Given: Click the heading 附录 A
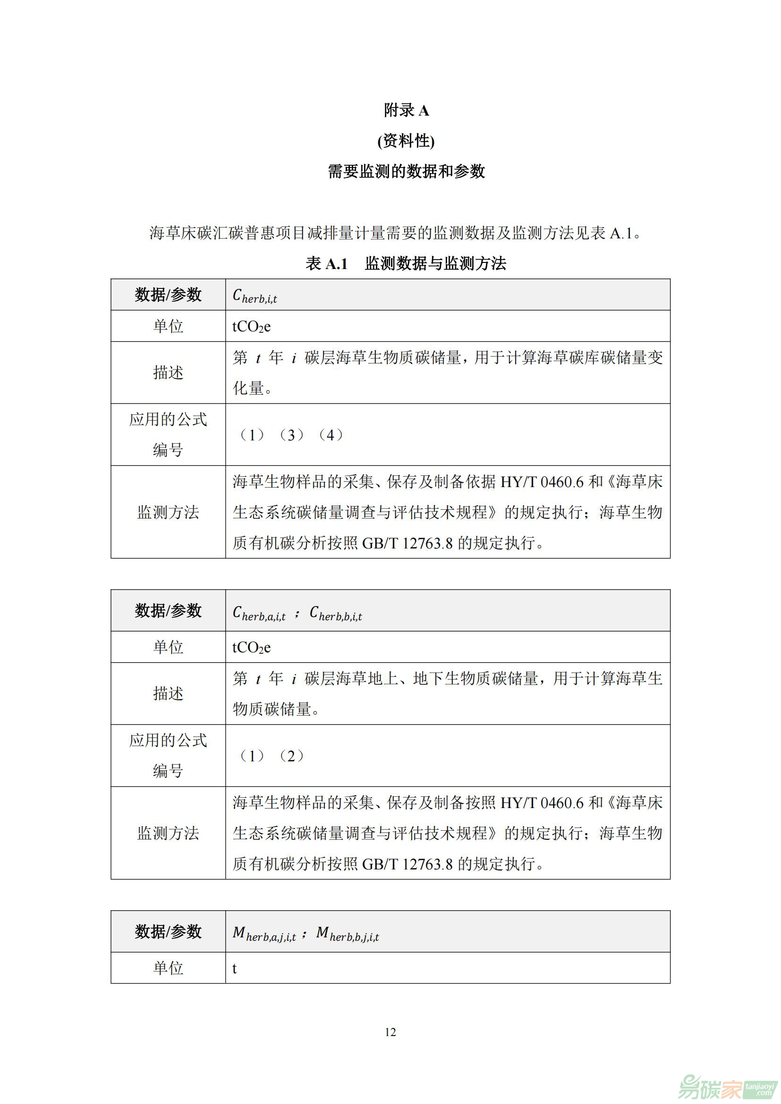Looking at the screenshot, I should click(x=406, y=110).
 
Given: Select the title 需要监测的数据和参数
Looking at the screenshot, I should click(x=406, y=171).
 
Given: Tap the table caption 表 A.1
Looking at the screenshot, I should click(x=327, y=263).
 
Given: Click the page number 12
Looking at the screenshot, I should click(x=390, y=1032).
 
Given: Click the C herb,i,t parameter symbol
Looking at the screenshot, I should click(x=255, y=296).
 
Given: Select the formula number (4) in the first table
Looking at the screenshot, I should click(x=331, y=435).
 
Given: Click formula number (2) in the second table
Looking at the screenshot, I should click(x=291, y=756).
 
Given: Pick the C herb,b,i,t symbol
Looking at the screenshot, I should click(x=336, y=613).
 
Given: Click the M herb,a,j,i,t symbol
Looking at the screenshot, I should click(x=264, y=934).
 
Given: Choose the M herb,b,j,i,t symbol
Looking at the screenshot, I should click(x=348, y=934).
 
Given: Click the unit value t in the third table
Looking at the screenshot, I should click(x=235, y=969).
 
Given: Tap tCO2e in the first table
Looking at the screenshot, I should click(x=252, y=327).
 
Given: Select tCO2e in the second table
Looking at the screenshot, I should click(x=252, y=647).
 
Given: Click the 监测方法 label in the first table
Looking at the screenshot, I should click(x=168, y=512).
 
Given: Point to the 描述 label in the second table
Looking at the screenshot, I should click(x=168, y=693).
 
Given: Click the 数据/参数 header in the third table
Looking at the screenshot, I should click(x=168, y=932).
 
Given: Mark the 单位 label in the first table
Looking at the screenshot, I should click(x=168, y=327).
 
